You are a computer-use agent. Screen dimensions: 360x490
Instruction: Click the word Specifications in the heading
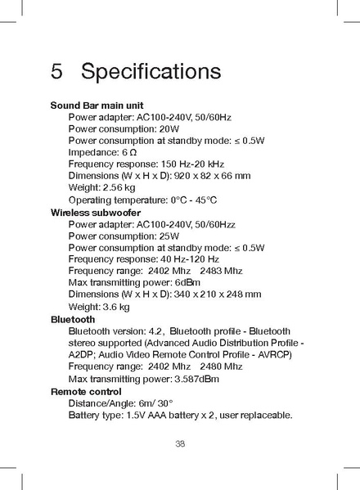coord(151,72)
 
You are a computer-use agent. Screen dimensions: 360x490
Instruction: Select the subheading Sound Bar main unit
coord(97,106)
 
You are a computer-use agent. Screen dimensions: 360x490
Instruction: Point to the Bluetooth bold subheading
coord(73,319)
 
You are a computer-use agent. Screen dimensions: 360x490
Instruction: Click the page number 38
coord(180,443)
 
